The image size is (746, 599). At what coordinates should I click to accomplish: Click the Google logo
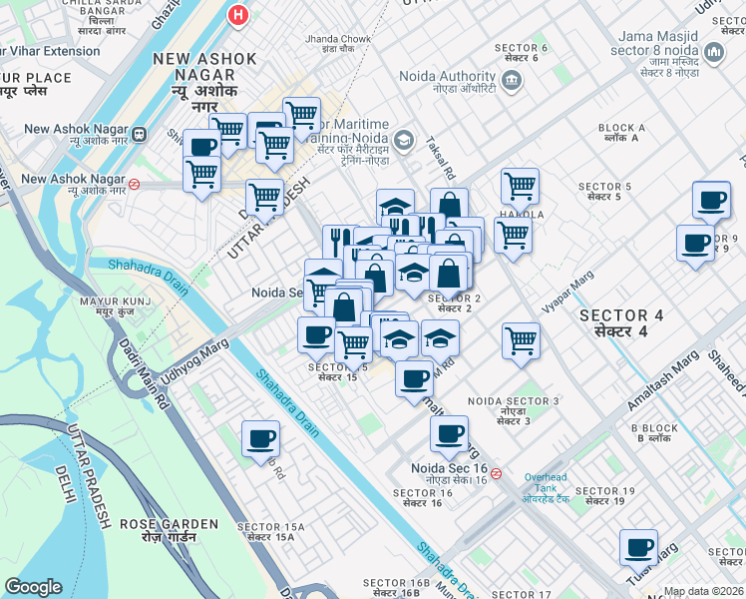coord(34,587)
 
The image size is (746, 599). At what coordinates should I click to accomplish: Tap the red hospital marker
coord(237,15)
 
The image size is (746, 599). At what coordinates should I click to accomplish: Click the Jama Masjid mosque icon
coord(714,51)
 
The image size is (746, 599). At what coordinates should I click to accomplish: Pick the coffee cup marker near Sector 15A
coord(261,439)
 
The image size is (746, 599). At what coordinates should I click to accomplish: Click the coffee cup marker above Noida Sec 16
coord(449,433)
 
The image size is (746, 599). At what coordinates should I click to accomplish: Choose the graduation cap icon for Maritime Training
coord(403,139)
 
